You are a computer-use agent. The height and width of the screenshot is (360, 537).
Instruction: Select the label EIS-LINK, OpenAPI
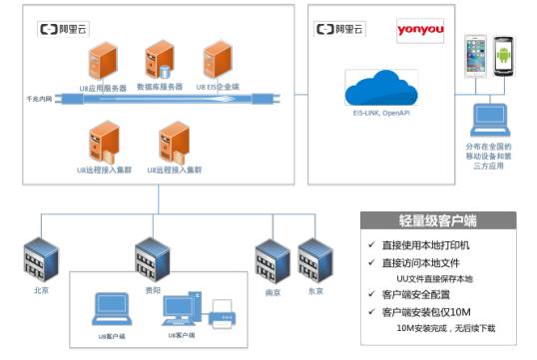tap(380, 117)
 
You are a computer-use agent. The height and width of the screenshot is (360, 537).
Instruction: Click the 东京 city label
tap(314, 291)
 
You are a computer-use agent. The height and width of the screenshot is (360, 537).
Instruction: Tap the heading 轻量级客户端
tap(436, 221)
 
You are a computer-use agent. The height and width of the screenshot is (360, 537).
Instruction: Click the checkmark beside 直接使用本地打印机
tap(371, 245)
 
